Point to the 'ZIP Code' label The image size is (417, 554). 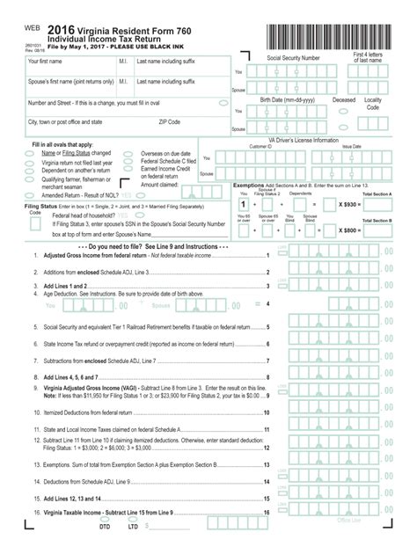pos(170,121)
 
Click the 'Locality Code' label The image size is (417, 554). pos(373,104)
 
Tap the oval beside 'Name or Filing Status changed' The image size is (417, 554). pos(31,153)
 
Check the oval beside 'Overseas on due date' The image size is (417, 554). pos(129,153)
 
